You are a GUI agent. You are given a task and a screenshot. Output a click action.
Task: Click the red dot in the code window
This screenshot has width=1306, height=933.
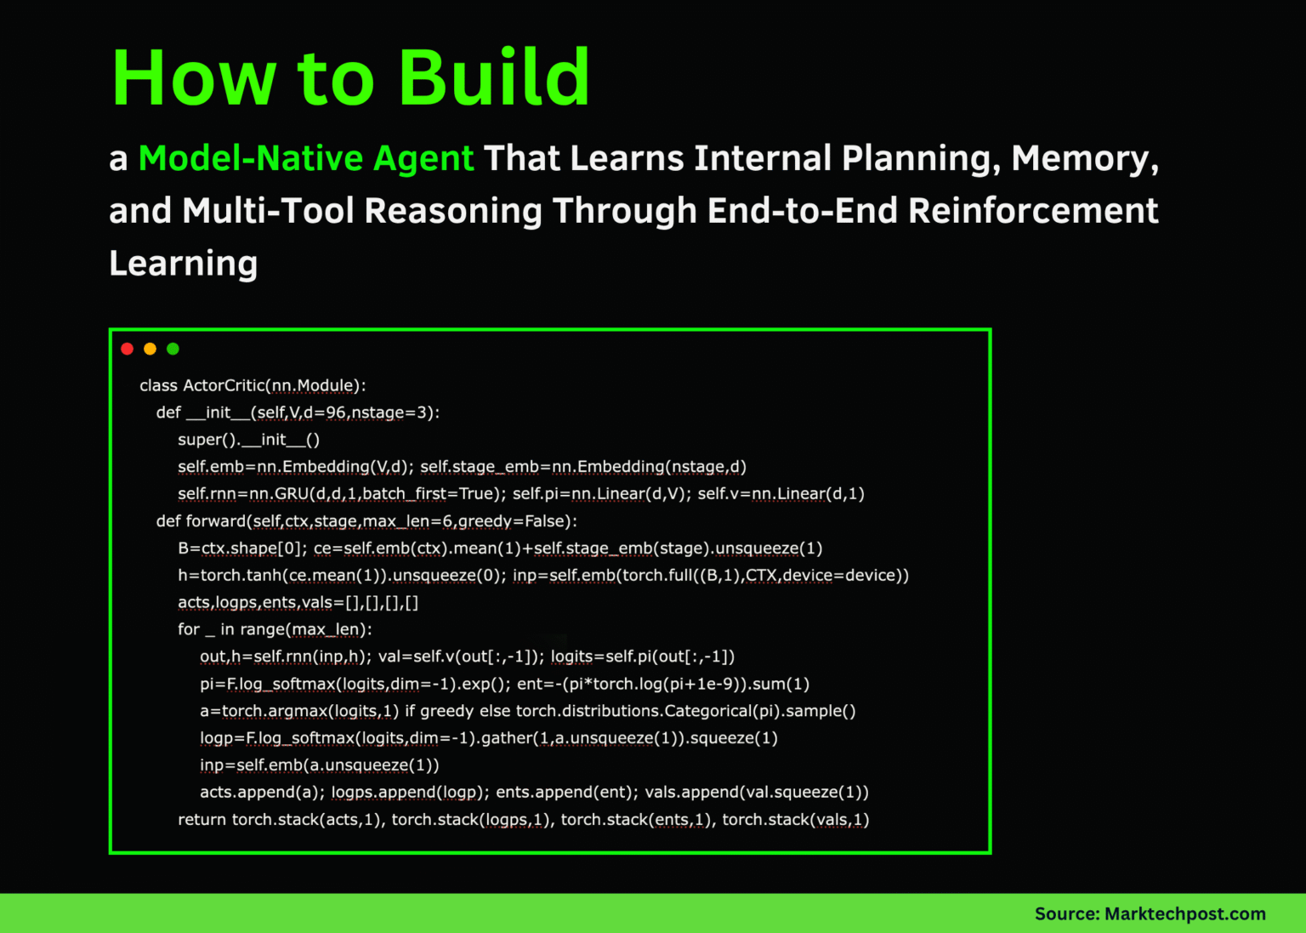[x=128, y=349]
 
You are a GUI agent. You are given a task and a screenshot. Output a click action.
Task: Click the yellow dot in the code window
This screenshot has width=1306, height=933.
[x=150, y=349]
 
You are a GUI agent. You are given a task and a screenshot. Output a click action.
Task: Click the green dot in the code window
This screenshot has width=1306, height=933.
[x=173, y=349]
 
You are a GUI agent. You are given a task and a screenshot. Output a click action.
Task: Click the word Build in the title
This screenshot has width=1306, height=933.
[x=494, y=78]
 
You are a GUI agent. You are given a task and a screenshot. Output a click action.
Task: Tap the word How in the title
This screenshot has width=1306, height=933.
[x=194, y=78]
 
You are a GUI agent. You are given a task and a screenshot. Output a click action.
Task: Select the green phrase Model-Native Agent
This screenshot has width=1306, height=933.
[x=305, y=159]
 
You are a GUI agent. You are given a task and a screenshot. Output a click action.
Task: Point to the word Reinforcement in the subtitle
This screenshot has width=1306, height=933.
[x=1033, y=211]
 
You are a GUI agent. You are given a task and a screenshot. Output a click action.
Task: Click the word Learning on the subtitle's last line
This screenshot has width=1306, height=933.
[x=183, y=264]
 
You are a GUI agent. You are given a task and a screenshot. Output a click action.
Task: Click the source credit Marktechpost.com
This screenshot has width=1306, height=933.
[x=1184, y=914]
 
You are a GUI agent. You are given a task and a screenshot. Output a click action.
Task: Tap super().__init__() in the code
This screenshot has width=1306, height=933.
[x=248, y=440]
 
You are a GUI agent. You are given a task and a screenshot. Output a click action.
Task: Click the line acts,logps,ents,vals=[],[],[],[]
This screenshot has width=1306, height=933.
[x=298, y=603]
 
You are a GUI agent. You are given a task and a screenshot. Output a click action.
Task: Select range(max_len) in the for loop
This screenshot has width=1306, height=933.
[x=305, y=630]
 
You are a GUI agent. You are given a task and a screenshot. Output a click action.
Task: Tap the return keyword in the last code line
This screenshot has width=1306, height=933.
[x=202, y=820]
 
